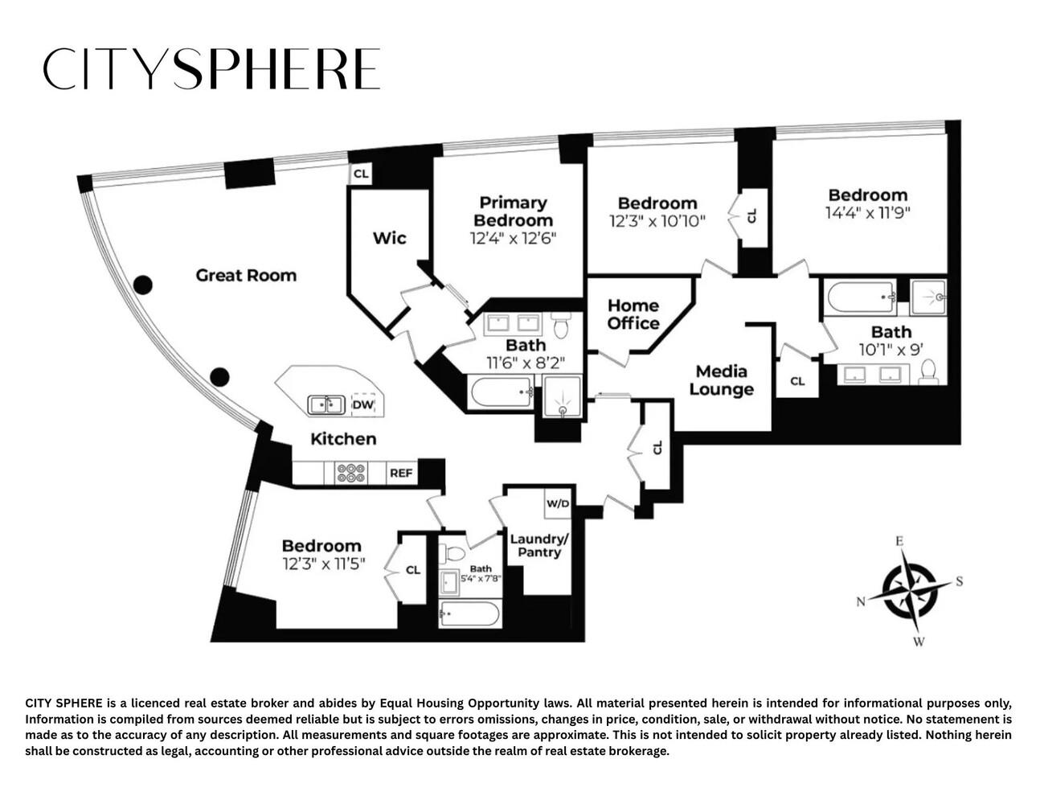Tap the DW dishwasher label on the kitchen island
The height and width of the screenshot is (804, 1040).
[362, 405]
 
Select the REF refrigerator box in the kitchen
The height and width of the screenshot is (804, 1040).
[402, 473]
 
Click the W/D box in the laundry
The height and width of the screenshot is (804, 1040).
[558, 503]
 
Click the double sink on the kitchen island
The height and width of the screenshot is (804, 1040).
[326, 404]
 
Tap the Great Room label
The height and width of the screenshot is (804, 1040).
[246, 275]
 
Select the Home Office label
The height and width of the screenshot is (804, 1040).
[633, 314]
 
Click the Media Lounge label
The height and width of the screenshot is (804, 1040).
[721, 380]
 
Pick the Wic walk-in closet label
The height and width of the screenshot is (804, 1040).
[390, 238]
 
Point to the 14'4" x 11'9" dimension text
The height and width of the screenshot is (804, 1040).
[867, 212]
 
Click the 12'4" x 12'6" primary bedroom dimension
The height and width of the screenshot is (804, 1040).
[513, 238]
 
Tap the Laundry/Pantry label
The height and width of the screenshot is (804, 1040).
[539, 546]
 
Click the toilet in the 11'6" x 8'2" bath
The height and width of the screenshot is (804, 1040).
[560, 325]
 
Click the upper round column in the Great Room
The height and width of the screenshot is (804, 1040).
[142, 285]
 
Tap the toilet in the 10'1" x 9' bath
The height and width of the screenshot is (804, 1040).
[928, 371]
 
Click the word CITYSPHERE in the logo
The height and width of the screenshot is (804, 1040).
[211, 68]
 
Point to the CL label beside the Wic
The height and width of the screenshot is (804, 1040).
[361, 174]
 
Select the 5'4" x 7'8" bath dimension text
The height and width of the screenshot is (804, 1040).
[481, 578]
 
